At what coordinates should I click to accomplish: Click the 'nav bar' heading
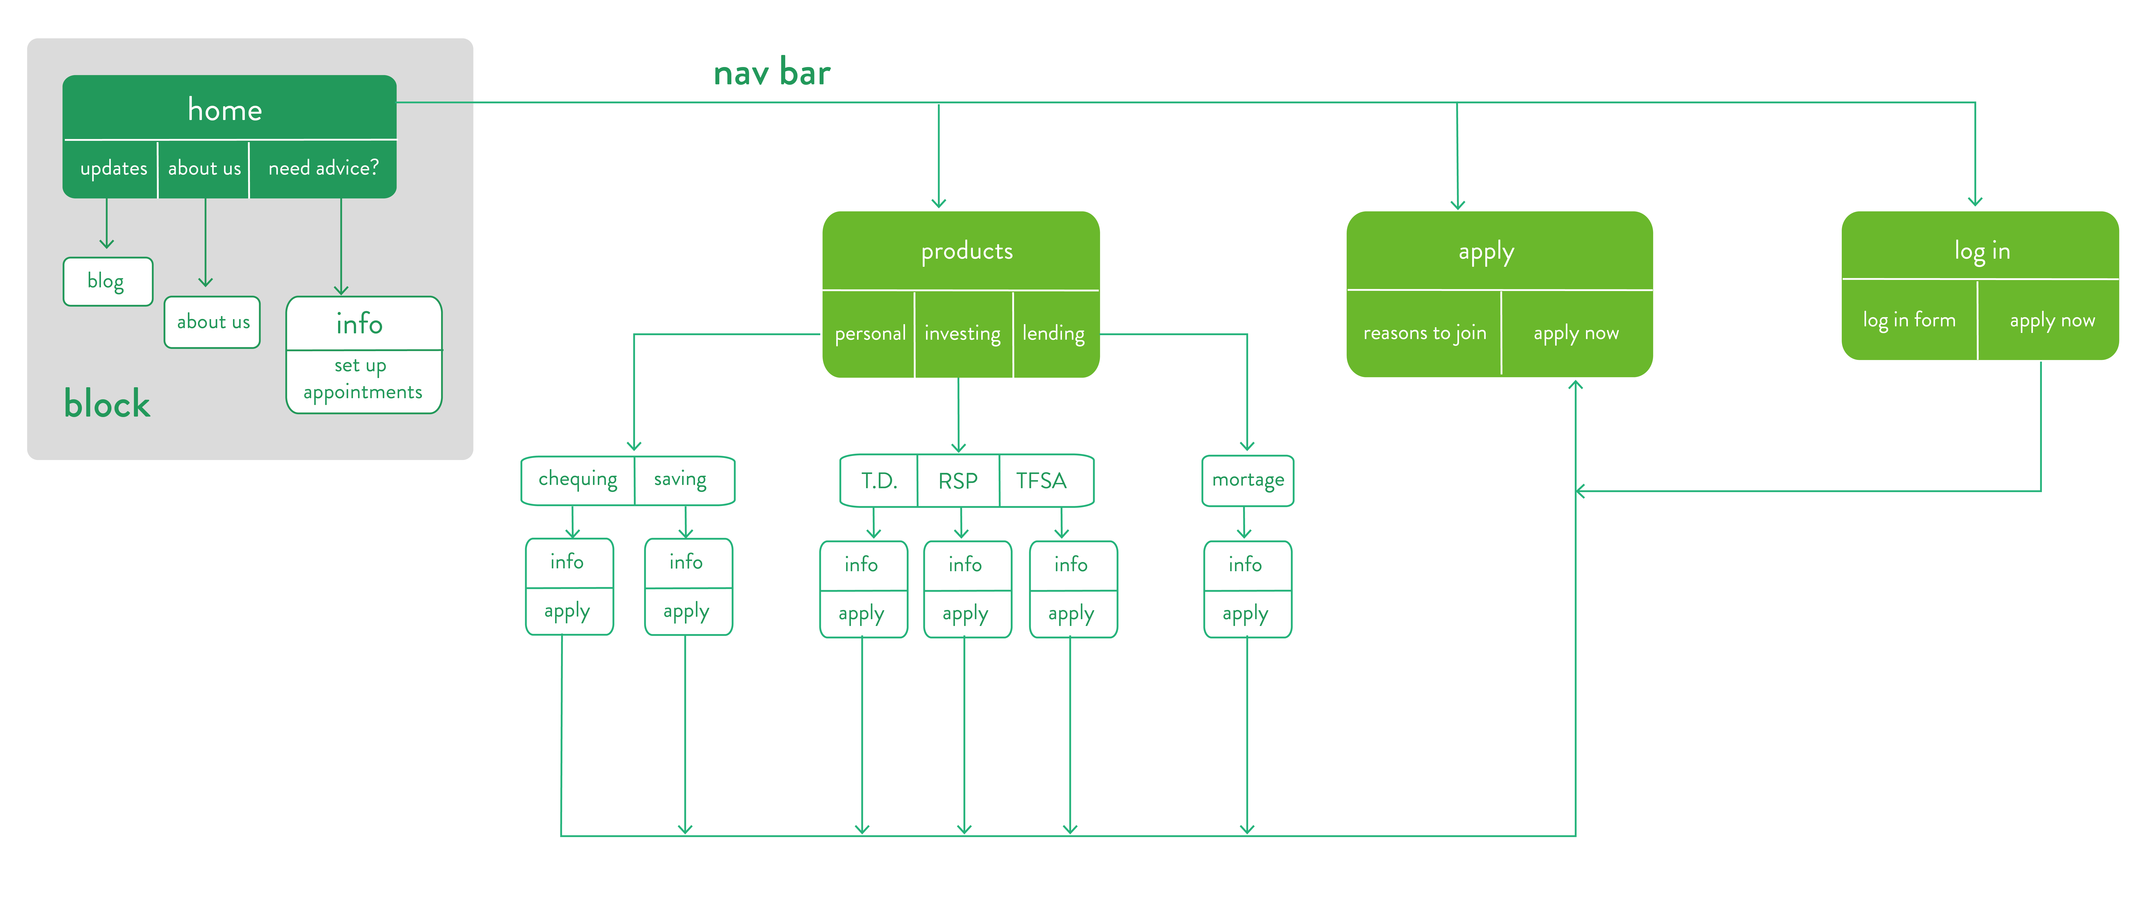(771, 74)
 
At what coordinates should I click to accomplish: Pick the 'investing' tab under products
(962, 334)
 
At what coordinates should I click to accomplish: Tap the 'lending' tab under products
(1054, 334)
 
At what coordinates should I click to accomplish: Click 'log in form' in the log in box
(1909, 320)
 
